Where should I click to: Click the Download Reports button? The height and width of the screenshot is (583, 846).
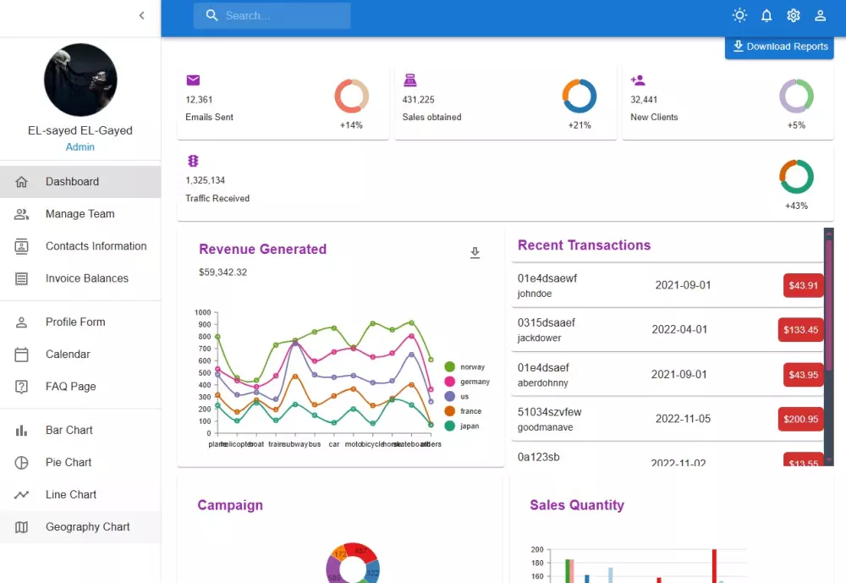(779, 47)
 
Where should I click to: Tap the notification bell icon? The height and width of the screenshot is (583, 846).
(766, 15)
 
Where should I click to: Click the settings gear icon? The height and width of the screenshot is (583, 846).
(793, 15)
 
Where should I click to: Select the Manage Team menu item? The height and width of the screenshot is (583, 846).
(80, 214)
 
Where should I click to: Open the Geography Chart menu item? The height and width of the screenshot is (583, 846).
(87, 527)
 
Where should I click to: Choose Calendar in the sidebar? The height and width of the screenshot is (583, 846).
(68, 355)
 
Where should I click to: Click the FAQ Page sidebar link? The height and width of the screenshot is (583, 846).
(70, 387)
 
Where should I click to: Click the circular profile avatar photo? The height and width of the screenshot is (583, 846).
(80, 80)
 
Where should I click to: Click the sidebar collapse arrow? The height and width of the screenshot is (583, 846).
(141, 15)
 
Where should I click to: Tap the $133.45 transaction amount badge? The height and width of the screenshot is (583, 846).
(800, 329)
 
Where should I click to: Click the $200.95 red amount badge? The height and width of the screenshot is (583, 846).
(800, 419)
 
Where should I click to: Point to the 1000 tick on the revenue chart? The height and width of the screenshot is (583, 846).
(202, 313)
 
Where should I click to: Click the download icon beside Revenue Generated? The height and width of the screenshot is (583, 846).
(475, 253)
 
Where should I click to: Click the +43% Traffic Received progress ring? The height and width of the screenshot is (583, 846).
(796, 177)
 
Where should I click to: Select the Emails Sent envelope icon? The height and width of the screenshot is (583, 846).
(193, 80)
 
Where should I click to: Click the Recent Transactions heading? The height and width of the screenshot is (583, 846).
(584, 245)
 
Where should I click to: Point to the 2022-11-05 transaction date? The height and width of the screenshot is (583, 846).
(683, 419)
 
